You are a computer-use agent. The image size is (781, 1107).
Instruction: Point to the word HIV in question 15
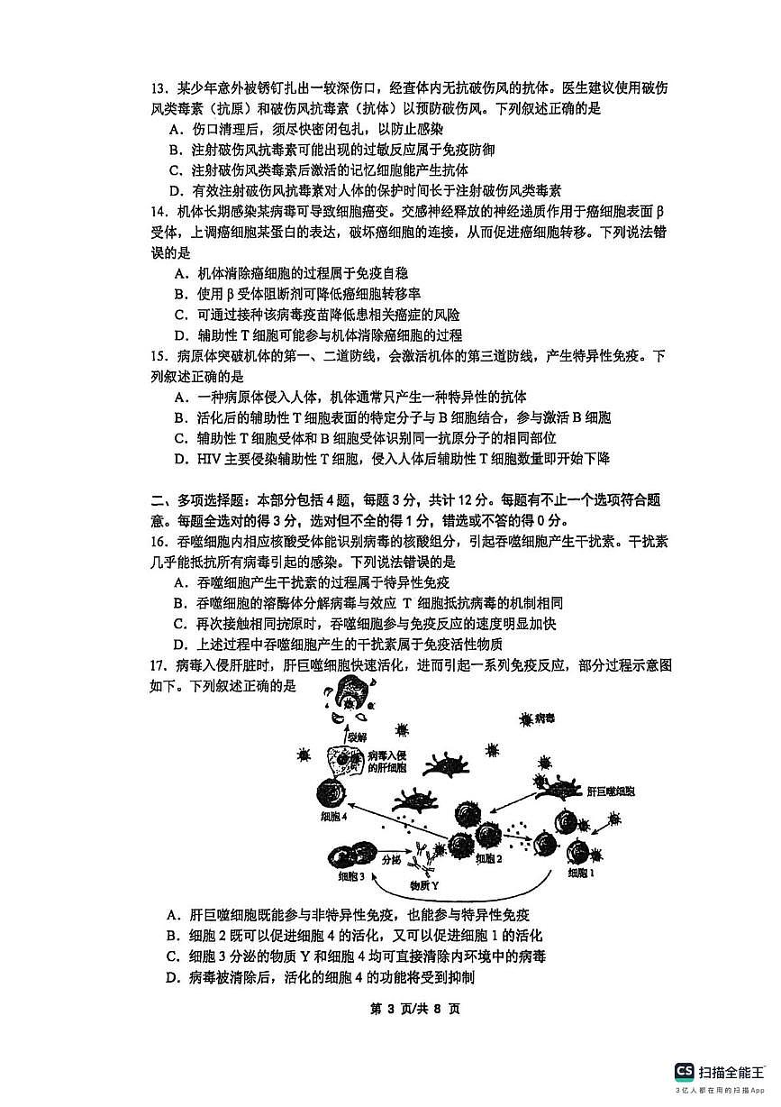tap(210, 459)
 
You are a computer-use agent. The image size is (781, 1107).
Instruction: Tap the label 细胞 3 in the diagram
tap(352, 877)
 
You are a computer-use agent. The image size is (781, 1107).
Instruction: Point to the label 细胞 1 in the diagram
tap(581, 873)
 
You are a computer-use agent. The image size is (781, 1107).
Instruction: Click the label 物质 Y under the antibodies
tap(424, 885)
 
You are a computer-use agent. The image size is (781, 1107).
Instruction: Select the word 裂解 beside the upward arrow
tap(358, 736)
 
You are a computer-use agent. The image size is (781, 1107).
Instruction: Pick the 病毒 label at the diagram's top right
tap(545, 718)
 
